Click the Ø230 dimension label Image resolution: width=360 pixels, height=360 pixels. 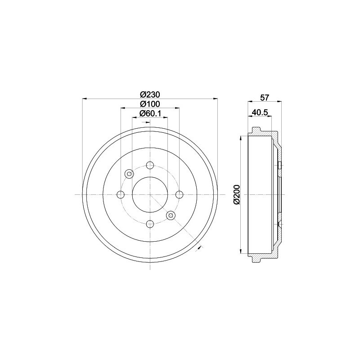(x=150, y=94)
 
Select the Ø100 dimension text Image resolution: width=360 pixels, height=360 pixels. (x=150, y=104)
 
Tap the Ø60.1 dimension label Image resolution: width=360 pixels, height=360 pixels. (x=150, y=113)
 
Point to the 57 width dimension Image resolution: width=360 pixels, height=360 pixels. (x=264, y=98)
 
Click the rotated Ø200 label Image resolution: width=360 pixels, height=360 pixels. (x=237, y=194)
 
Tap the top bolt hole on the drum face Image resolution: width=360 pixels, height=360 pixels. (x=150, y=165)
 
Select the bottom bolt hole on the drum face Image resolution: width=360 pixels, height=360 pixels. (x=150, y=224)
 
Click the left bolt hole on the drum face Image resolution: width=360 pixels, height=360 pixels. (x=121, y=195)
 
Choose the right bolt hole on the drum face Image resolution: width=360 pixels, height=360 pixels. (x=179, y=195)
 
